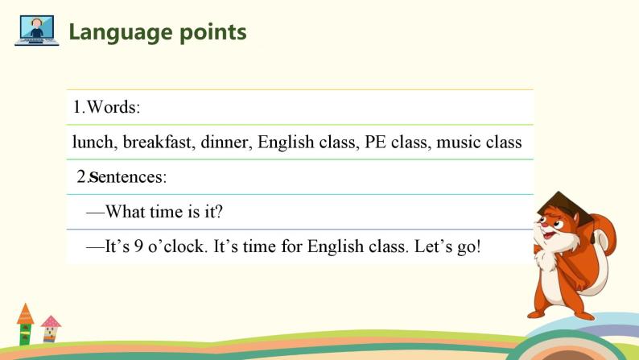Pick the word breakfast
pyautogui.click(x=157, y=143)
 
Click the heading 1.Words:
pyautogui.click(x=107, y=107)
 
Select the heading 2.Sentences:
pyautogui.click(x=122, y=177)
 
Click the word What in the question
pyautogui.click(x=126, y=212)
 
